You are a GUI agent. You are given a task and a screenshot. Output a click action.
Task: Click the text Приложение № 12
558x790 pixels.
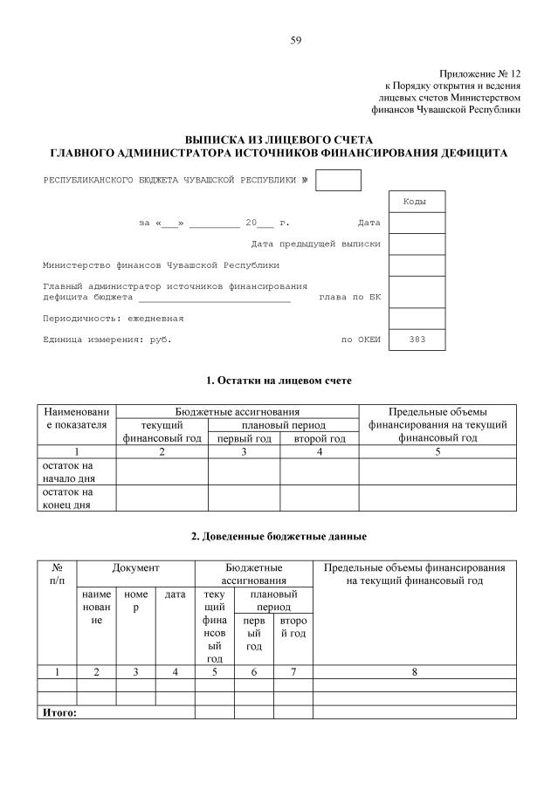(x=479, y=74)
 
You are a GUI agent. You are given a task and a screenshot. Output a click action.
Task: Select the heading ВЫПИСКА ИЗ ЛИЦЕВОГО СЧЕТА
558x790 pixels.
(x=279, y=140)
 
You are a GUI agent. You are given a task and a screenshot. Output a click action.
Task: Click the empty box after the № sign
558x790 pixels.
(x=338, y=180)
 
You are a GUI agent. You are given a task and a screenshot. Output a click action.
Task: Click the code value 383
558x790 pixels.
(x=417, y=340)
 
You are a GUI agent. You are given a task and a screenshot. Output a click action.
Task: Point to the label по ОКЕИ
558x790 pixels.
(x=361, y=340)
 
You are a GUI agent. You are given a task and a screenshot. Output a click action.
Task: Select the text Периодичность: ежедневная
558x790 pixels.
(x=114, y=319)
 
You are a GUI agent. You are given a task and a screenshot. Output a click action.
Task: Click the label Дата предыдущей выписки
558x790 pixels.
(x=315, y=244)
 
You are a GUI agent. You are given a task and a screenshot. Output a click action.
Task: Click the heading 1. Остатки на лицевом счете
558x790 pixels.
(x=279, y=381)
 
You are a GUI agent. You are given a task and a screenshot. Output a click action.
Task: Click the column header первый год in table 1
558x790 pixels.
(x=244, y=438)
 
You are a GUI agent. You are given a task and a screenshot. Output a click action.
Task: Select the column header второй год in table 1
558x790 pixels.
(x=320, y=438)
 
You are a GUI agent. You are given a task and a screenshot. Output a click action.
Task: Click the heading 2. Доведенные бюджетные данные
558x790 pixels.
(x=279, y=535)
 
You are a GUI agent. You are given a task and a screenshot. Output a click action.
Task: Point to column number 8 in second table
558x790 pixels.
(x=414, y=672)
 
